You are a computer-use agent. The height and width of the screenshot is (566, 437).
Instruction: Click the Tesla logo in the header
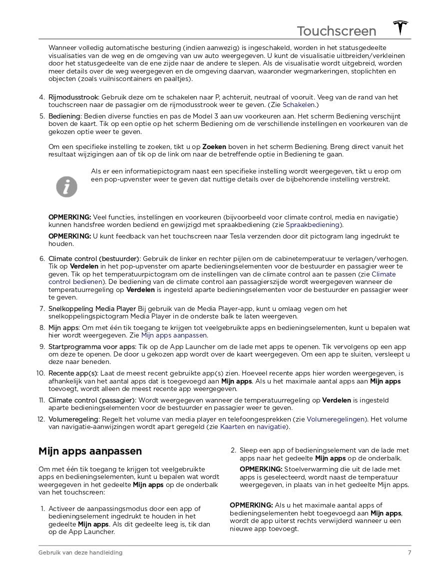point(400,28)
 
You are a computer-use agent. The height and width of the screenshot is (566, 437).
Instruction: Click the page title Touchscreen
point(336,31)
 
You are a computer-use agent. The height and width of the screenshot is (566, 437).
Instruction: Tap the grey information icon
point(66,186)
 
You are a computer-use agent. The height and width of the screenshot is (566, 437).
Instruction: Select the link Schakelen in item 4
point(299,105)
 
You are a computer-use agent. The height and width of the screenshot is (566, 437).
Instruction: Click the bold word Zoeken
point(214,147)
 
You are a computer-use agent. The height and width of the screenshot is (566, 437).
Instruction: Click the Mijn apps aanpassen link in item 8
point(174,335)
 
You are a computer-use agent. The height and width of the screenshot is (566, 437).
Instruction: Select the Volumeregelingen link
point(336,419)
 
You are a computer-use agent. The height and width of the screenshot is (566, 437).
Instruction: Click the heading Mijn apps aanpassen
point(90,451)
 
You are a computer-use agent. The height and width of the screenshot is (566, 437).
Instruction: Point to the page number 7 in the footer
point(409,552)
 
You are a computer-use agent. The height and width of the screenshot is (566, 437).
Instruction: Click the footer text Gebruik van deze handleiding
point(80,552)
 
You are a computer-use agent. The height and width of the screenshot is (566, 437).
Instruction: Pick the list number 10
point(41,373)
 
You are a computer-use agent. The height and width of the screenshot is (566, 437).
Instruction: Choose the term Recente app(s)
point(73,373)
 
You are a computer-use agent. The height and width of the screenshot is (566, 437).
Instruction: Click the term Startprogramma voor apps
point(91,347)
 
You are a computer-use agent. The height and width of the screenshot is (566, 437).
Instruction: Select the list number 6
point(42,259)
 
